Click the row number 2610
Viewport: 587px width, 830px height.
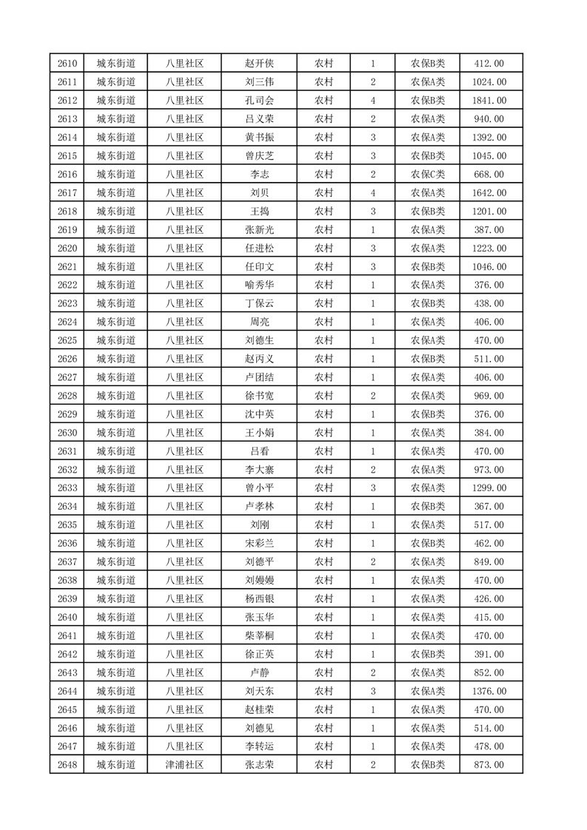click(67, 64)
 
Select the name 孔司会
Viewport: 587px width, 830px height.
click(259, 101)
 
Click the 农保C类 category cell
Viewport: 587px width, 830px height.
click(428, 175)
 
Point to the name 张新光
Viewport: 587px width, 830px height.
click(259, 230)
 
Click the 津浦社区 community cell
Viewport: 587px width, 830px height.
click(184, 765)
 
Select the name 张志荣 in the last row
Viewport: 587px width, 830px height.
click(259, 765)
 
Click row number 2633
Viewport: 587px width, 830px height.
click(67, 488)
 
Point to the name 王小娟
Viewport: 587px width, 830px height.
click(259, 433)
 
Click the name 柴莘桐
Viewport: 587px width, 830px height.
click(259, 635)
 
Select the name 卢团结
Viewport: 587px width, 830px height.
click(259, 377)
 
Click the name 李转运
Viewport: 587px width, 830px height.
click(259, 746)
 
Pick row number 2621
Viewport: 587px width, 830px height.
click(67, 267)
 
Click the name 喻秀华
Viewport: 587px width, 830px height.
click(259, 286)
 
